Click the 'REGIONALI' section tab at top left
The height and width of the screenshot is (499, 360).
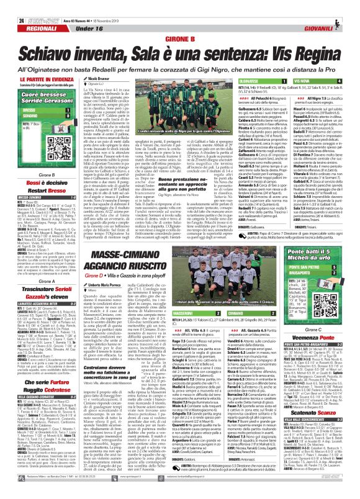pos(26,19)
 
